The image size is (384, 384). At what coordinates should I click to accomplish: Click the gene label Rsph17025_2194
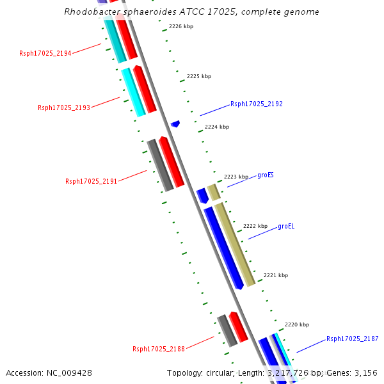(x=45, y=53)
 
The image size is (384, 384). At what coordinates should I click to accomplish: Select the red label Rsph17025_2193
(x=64, y=108)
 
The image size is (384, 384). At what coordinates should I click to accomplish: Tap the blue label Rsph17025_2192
(x=256, y=104)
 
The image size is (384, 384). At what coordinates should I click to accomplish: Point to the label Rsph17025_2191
(x=92, y=181)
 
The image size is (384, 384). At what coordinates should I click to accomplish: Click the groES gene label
(x=266, y=175)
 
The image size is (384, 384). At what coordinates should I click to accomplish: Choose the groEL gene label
(x=286, y=226)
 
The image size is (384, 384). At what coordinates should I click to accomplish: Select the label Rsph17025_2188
(x=159, y=349)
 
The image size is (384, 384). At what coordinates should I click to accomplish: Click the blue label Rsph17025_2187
(x=352, y=339)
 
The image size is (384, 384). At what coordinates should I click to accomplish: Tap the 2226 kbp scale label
(x=181, y=27)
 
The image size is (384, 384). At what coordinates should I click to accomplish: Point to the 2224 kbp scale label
(x=217, y=127)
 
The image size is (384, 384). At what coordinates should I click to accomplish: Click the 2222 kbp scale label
(x=255, y=226)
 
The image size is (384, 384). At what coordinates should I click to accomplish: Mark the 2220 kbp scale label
(x=297, y=324)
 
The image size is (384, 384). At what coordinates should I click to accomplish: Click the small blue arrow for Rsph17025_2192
(x=175, y=124)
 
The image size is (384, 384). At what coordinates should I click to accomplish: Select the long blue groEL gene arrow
(x=223, y=247)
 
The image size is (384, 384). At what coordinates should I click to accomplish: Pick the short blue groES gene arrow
(x=202, y=195)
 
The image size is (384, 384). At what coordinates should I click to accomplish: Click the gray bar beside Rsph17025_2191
(x=160, y=165)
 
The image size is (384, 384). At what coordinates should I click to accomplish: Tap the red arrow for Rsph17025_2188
(x=239, y=326)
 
